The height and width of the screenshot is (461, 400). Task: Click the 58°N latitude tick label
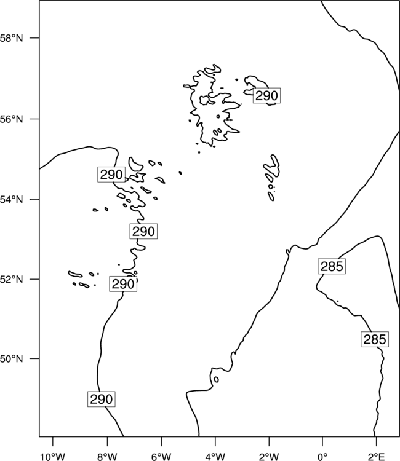[11, 38]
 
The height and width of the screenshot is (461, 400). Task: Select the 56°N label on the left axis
[11, 119]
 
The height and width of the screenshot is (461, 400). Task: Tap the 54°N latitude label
[11, 200]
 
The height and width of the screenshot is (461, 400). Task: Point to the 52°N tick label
[11, 279]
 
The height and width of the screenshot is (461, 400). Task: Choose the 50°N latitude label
[11, 359]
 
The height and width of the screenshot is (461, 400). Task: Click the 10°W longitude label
[52, 457]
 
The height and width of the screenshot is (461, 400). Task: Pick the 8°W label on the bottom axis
[107, 457]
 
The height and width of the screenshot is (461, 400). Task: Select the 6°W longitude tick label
[161, 457]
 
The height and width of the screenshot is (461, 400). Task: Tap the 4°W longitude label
[215, 457]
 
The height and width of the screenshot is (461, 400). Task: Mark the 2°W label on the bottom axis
[269, 457]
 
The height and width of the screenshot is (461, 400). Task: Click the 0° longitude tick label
[322, 457]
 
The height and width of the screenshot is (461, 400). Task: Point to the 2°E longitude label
[377, 457]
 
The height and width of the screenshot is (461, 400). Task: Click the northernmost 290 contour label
[266, 95]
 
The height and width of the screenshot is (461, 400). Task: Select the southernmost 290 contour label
[102, 399]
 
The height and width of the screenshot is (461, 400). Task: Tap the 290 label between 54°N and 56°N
[111, 175]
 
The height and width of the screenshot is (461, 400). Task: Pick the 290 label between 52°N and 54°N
[143, 231]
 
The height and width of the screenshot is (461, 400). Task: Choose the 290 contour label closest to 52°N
[123, 284]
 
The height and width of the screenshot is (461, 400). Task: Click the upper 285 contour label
[332, 266]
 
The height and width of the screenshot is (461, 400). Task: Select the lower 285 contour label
[375, 339]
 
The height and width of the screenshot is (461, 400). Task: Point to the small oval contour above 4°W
[217, 380]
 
